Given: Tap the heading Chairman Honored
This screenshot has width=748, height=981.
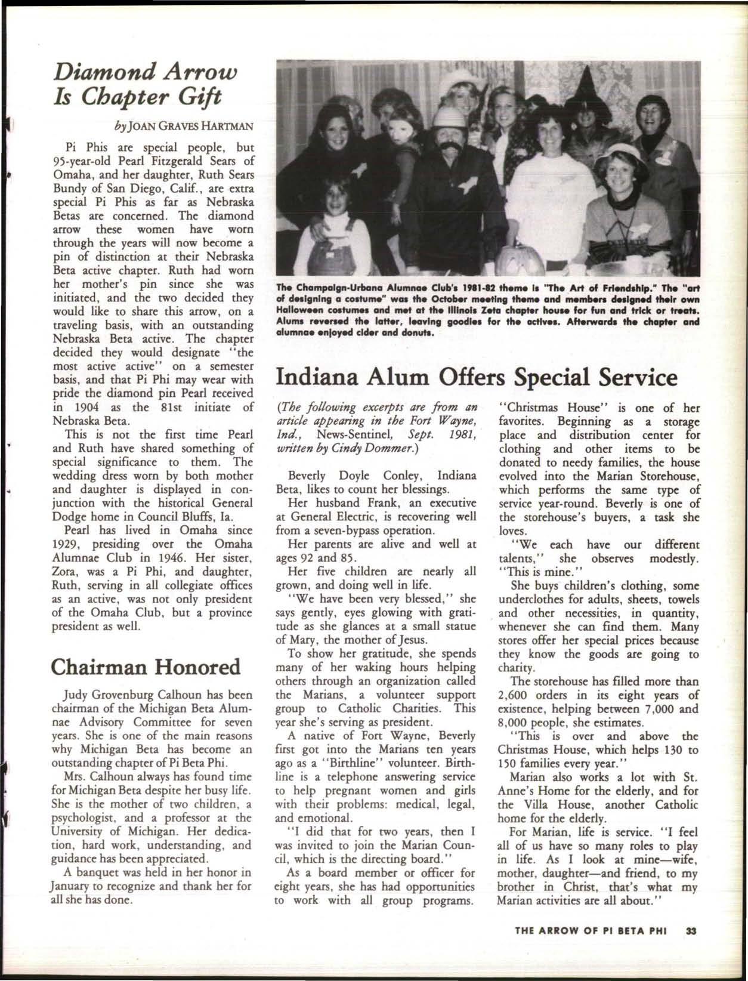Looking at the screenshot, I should [x=146, y=666].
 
